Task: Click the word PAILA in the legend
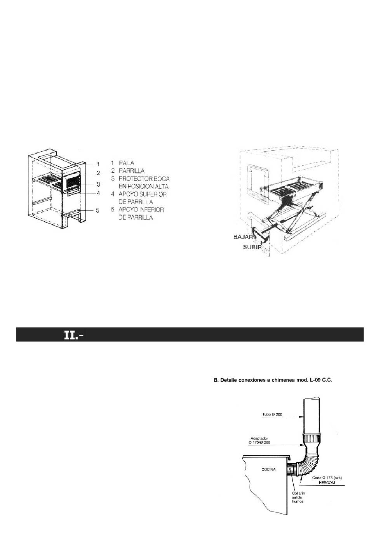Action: [126, 163]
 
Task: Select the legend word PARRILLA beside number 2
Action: [131, 171]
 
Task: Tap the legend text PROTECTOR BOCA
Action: [144, 178]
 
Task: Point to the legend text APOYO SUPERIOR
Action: [143, 194]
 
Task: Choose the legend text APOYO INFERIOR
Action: [141, 210]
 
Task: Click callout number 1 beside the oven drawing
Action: [98, 164]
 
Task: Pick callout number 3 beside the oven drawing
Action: [98, 184]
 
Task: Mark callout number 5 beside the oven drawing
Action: [98, 211]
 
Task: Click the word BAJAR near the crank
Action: [243, 237]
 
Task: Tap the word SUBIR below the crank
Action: [252, 247]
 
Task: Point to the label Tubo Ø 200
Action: [272, 414]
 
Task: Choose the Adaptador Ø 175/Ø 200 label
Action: [259, 440]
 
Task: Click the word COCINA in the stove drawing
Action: [268, 470]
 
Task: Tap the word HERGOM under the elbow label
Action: [327, 483]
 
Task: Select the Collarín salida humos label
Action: [298, 497]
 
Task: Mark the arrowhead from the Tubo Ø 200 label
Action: [302, 417]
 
